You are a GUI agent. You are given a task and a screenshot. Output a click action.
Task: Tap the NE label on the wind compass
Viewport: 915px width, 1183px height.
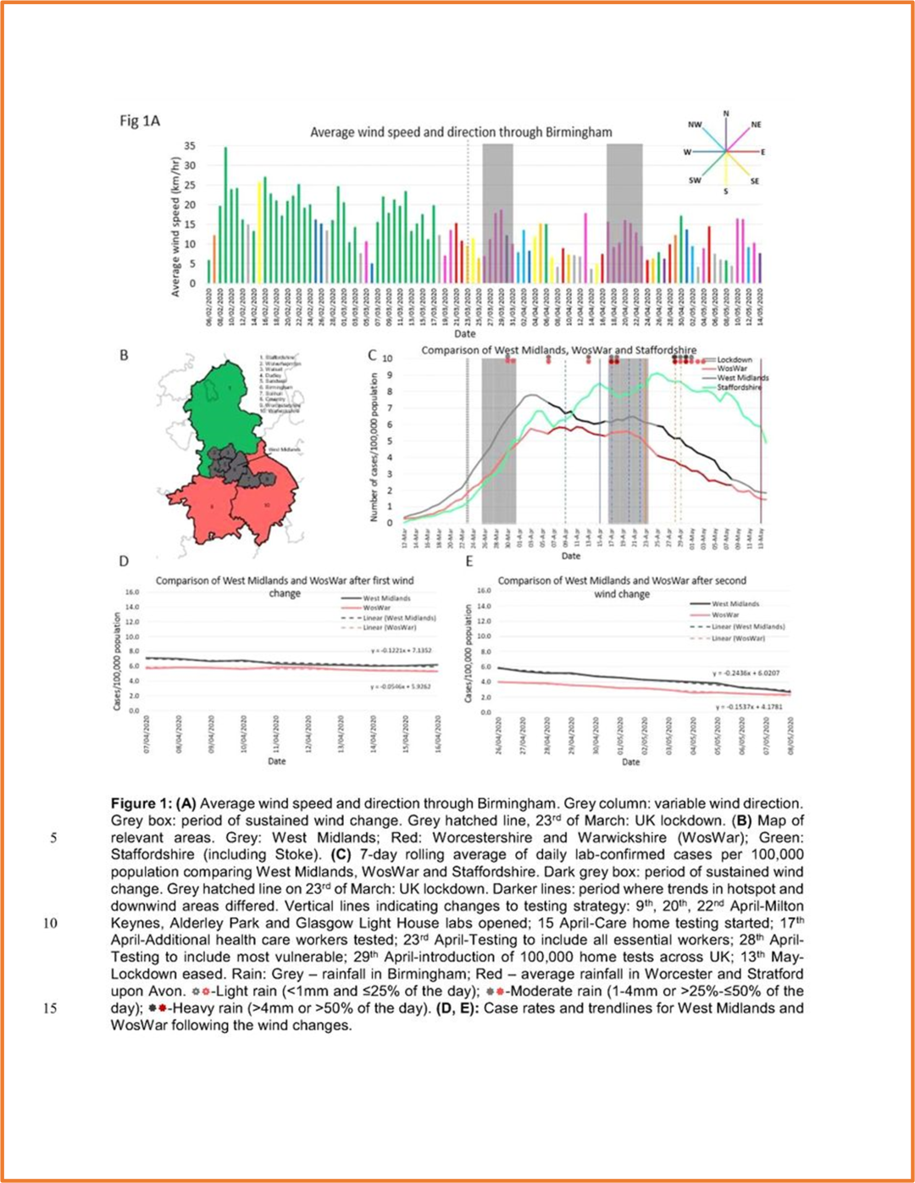click(x=756, y=125)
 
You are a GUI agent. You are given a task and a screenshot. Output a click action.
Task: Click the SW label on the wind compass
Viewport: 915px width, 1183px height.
click(x=695, y=181)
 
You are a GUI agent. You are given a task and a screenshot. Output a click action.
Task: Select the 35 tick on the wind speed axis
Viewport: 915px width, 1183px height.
click(x=191, y=146)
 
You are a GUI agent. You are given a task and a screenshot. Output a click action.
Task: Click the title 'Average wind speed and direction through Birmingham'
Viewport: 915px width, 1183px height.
click(x=461, y=132)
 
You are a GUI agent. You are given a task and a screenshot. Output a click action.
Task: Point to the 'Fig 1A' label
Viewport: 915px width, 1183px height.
click(x=140, y=120)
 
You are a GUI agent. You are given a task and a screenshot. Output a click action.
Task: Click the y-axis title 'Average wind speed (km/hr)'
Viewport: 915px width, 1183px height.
click(x=176, y=227)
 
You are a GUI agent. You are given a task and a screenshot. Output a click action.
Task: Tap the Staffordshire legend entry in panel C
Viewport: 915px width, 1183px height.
click(x=739, y=387)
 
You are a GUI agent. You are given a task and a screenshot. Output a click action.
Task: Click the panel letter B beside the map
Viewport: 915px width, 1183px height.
click(x=124, y=355)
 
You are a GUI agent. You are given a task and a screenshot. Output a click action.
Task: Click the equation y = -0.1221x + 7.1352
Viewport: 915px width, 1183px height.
click(x=400, y=651)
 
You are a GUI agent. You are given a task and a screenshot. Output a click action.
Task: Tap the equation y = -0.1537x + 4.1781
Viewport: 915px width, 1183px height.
click(x=748, y=706)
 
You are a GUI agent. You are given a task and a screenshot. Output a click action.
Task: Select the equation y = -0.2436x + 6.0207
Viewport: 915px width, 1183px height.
click(x=746, y=673)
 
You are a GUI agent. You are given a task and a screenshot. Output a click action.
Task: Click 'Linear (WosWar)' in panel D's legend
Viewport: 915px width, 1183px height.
click(x=389, y=628)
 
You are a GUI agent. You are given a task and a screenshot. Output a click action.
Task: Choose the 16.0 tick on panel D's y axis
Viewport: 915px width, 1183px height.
click(x=132, y=592)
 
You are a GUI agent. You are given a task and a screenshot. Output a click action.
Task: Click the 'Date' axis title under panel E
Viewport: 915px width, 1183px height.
click(x=631, y=762)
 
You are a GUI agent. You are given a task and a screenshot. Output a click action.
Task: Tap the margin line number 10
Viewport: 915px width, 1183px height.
click(x=50, y=923)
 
